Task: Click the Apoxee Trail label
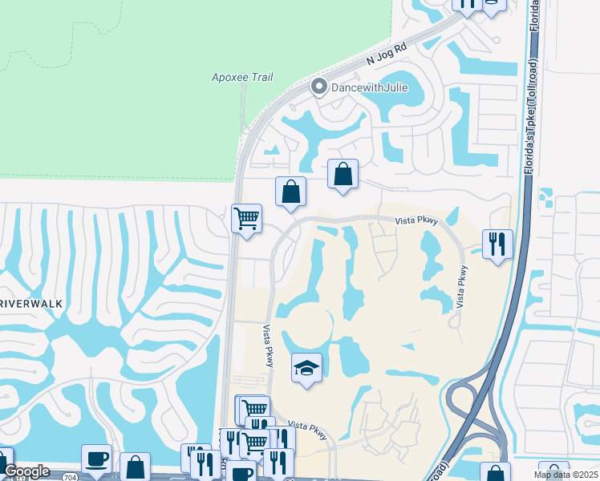pos(241,78)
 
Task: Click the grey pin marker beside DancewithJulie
pos(318,86)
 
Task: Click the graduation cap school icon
pos(306,368)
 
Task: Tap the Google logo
pos(26,471)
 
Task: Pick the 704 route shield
pos(70,476)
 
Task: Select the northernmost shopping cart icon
pos(246,218)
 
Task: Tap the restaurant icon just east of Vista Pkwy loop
pos(497,244)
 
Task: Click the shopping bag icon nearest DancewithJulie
pos(343,174)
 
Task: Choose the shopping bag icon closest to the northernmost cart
pos(290,192)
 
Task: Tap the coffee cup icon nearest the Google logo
pos(96,459)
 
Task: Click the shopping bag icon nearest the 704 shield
pos(135,467)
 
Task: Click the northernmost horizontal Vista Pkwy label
pos(415,224)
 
